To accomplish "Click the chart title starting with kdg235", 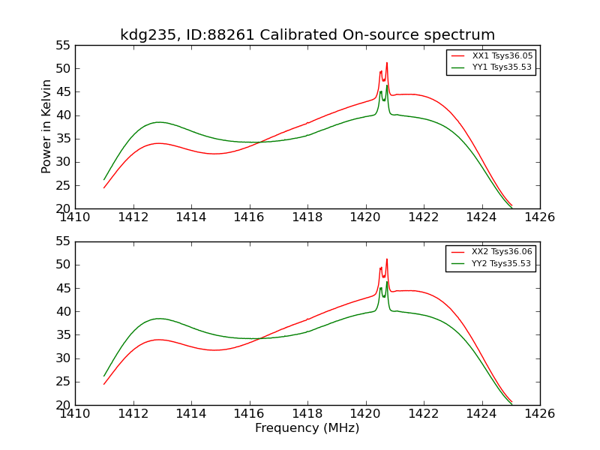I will [x=307, y=35].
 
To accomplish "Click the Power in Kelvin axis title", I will [x=46, y=126].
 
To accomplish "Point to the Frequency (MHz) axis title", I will [x=307, y=428].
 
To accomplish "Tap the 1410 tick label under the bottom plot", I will [x=76, y=413].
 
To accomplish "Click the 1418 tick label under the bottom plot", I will [x=307, y=413].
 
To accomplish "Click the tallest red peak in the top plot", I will [x=387, y=63].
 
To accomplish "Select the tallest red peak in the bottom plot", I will [x=387, y=259].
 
